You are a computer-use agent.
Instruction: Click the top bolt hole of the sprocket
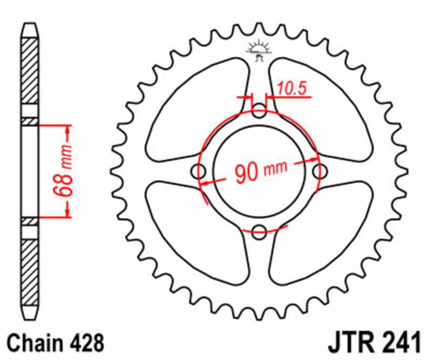260,113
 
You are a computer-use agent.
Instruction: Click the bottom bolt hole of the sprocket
260,231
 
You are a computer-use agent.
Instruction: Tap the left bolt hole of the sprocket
200,172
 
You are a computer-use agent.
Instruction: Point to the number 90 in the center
246,172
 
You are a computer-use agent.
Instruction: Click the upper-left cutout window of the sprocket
194,111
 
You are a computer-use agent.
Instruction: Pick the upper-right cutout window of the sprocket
324,111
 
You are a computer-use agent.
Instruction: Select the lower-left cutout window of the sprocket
194,232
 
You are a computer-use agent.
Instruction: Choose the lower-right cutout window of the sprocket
324,232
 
